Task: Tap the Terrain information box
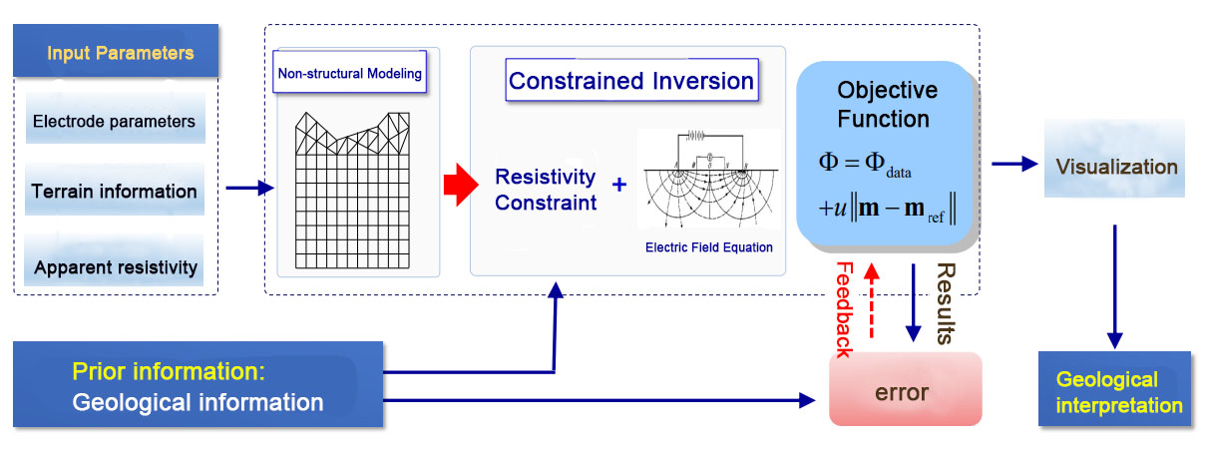(114, 191)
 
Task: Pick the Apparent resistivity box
(114, 267)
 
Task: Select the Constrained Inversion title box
(631, 81)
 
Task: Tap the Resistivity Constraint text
(546, 190)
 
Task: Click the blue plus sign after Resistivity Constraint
(619, 185)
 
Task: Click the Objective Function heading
(886, 105)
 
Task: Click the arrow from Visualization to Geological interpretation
(1114, 285)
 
